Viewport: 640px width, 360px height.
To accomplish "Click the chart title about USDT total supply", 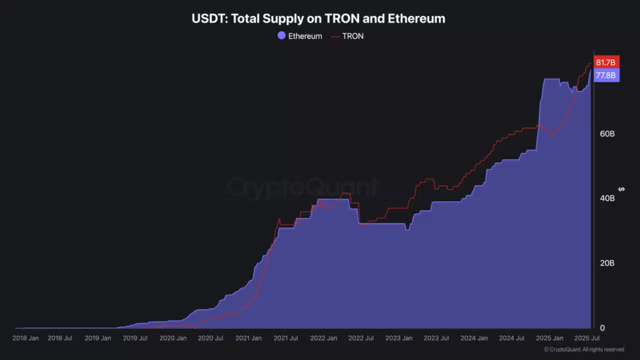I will point(318,19).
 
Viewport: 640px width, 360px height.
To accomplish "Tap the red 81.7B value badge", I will point(605,62).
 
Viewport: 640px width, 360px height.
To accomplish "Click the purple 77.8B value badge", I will point(605,75).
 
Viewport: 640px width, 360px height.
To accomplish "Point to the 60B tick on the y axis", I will point(607,134).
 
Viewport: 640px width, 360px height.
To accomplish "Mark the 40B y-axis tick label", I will point(607,198).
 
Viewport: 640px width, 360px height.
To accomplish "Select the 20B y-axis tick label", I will point(607,263).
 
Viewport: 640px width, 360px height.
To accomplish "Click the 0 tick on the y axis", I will point(602,328).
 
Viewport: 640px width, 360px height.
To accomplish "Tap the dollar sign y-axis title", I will point(621,189).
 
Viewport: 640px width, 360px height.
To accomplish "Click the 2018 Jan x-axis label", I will point(25,338).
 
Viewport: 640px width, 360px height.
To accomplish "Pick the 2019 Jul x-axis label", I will point(135,338).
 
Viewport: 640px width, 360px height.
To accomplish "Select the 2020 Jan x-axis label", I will point(173,338).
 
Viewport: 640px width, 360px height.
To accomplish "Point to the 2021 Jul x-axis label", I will point(285,338).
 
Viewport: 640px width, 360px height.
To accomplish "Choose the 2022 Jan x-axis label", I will point(323,338).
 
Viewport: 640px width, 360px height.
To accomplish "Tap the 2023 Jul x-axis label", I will point(436,338).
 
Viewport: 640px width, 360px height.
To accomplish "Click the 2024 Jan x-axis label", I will point(474,338).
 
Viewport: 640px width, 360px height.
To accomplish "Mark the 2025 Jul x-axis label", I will point(587,338).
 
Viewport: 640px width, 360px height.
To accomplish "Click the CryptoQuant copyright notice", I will point(583,349).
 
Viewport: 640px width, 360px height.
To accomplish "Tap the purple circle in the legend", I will point(281,36).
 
